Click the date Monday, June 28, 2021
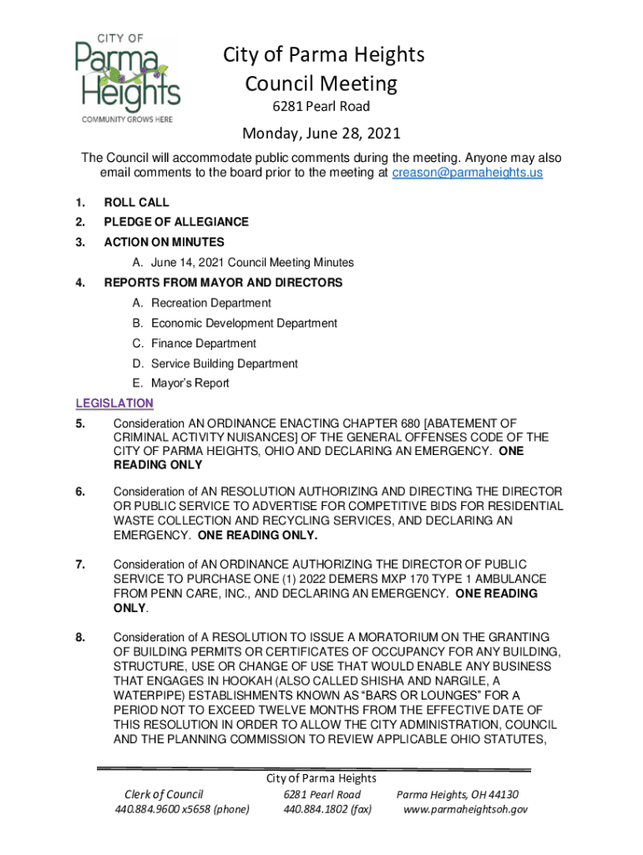click(x=321, y=134)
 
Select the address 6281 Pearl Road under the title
click(x=321, y=107)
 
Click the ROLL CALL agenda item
click(x=136, y=202)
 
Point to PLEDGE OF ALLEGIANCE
click(x=176, y=222)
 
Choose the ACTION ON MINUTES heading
click(x=164, y=242)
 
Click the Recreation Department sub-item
click(x=210, y=303)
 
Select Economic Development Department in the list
click(x=244, y=323)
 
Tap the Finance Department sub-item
click(x=204, y=343)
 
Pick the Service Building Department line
click(x=224, y=363)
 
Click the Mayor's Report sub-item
click(x=190, y=383)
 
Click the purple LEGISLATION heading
click(x=114, y=403)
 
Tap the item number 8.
click(x=79, y=638)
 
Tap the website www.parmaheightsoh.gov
click(x=465, y=809)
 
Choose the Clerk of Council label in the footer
click(x=164, y=794)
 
